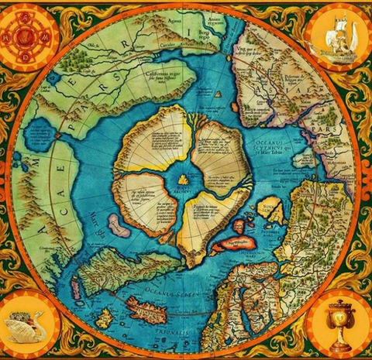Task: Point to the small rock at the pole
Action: point(183,180)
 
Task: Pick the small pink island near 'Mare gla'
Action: point(119,226)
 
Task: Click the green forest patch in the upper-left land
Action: point(77,59)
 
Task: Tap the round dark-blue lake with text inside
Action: point(39,135)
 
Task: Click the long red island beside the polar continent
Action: point(232,244)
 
